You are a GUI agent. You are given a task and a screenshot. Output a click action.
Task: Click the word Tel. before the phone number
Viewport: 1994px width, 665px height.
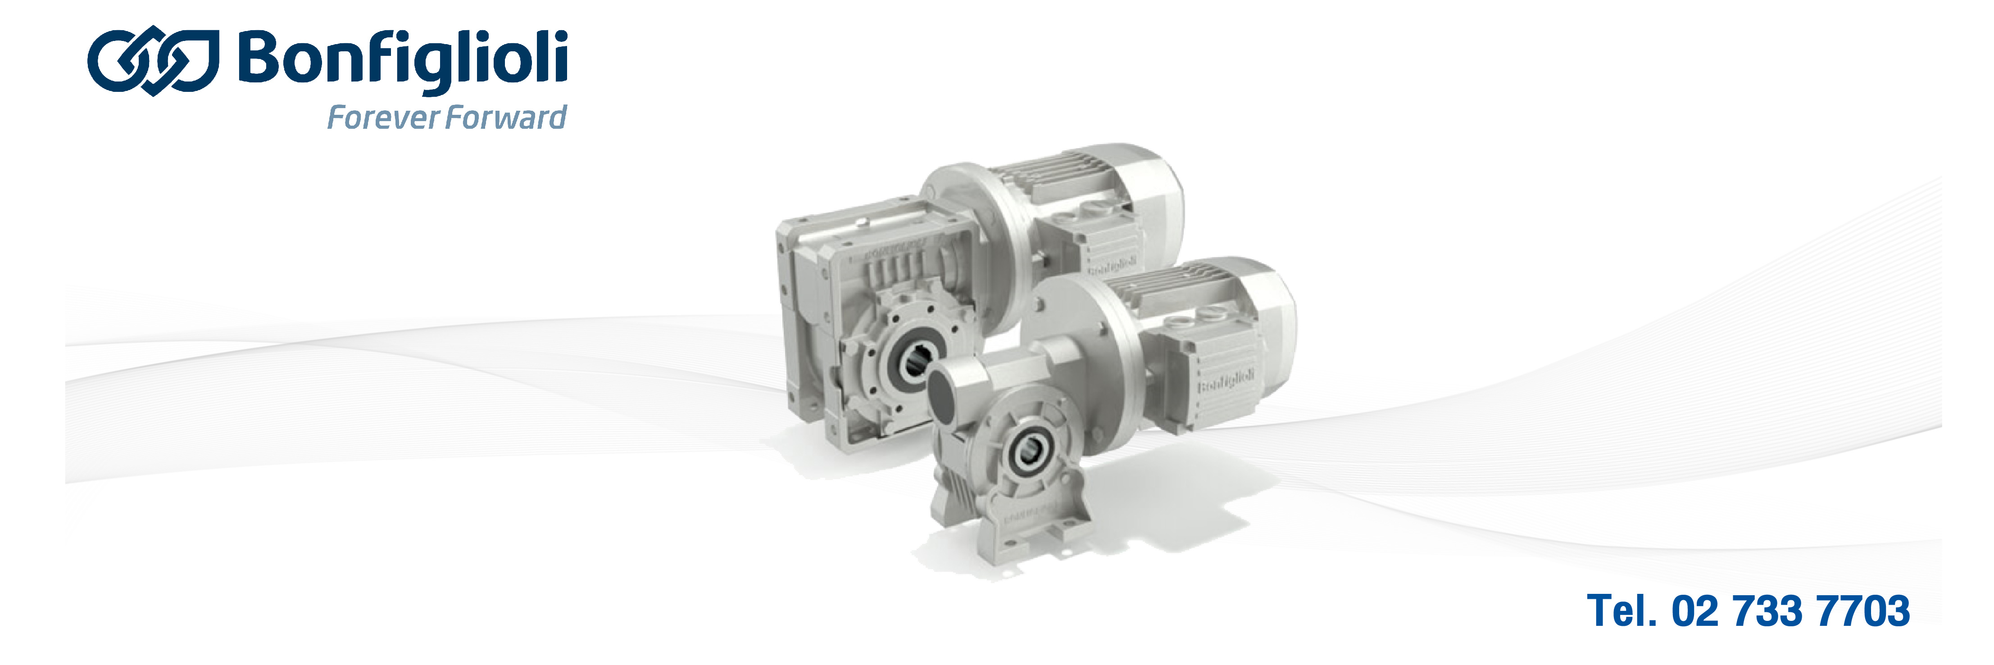(x=1621, y=611)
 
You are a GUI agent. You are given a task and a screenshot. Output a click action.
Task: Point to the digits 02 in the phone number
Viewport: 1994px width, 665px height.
(x=1696, y=611)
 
